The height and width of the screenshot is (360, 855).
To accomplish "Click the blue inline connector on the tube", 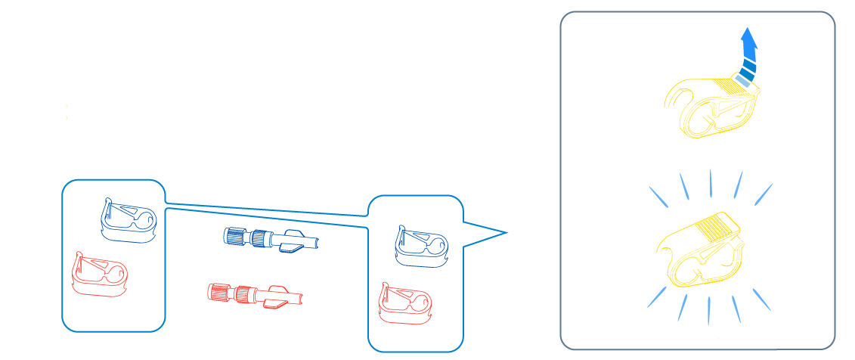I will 253,237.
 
